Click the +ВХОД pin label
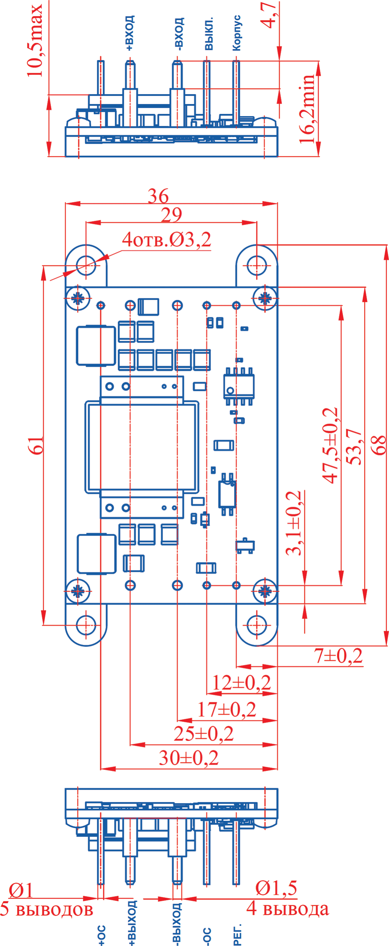130,33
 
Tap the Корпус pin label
237,33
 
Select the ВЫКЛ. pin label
209,33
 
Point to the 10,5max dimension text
35,40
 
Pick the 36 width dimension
158,196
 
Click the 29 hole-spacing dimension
171,215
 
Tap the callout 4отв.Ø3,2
166,240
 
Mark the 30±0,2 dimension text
188,758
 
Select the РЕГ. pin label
237,934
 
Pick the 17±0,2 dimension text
227,709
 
